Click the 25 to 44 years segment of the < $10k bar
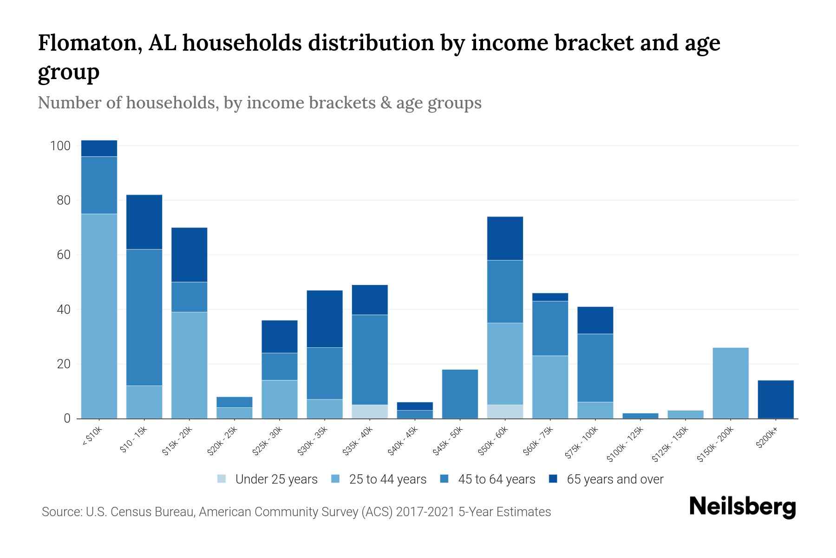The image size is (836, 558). tap(99, 316)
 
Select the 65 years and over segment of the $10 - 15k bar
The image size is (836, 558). tap(144, 222)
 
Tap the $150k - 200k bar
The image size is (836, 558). tap(731, 383)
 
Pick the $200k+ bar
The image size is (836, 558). tap(776, 399)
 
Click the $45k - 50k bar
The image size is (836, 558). tap(460, 394)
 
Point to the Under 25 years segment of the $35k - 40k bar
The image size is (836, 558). tap(370, 412)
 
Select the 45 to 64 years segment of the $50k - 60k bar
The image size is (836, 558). tap(505, 292)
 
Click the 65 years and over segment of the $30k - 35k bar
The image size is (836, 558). tap(325, 319)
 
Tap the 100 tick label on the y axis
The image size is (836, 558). tap(60, 146)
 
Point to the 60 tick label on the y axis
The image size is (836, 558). tap(64, 255)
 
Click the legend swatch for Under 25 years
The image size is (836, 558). tap(222, 479)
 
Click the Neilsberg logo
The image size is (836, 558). tap(742, 506)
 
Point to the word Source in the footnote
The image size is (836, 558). tap(61, 512)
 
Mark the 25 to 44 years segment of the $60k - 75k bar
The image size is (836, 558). tap(550, 387)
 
